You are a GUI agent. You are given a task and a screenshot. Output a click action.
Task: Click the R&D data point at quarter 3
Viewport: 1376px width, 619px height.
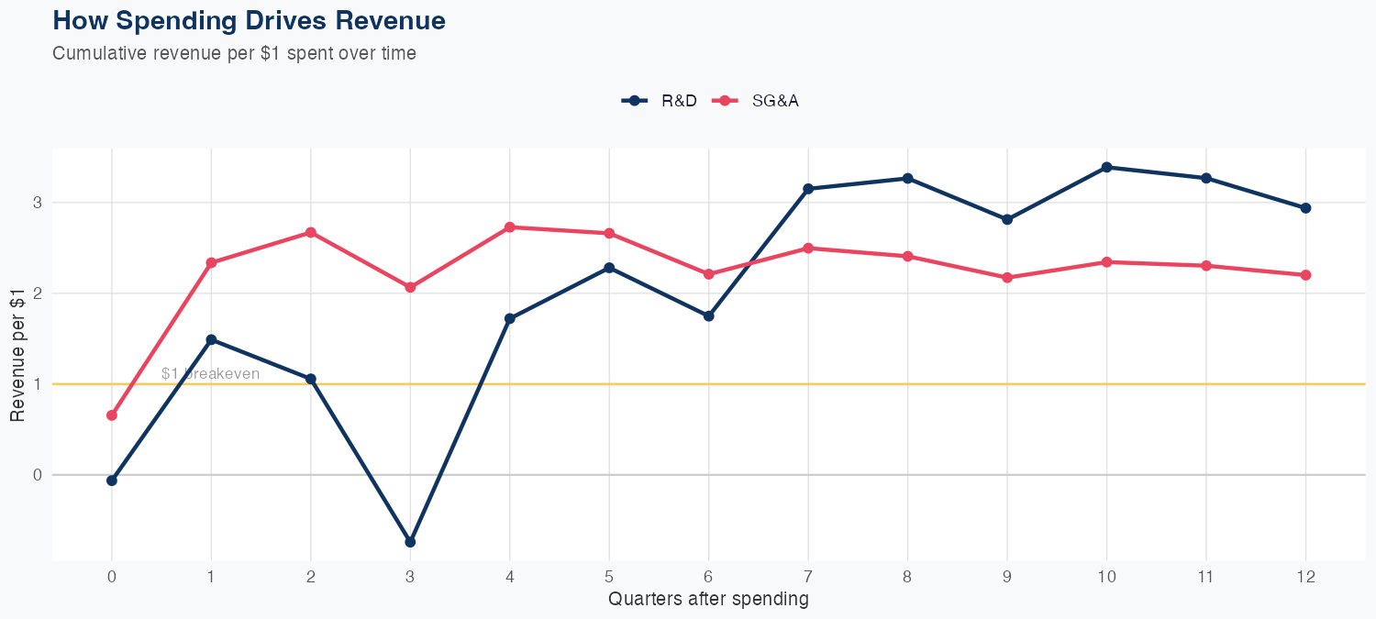tap(410, 542)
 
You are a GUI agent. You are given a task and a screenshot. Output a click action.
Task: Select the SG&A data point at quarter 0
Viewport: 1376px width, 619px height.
tap(112, 415)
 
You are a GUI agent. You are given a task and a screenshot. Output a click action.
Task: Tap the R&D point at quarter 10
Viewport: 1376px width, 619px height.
tap(1106, 167)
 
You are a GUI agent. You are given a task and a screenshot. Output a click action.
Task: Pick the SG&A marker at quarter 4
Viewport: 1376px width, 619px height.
tap(509, 227)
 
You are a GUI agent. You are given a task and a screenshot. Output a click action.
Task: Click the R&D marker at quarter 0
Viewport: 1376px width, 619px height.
tap(112, 481)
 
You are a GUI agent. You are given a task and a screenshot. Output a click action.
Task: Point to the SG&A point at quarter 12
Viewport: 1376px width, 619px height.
tap(1305, 275)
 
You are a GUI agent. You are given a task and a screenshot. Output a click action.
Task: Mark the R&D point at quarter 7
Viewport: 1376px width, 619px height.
tap(808, 189)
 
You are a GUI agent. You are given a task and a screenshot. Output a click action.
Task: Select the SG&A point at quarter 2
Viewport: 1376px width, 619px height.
tap(311, 232)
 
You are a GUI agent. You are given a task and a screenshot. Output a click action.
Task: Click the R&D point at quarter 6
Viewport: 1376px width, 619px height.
tap(708, 315)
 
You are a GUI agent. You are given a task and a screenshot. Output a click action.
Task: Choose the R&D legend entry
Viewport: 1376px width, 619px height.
tap(660, 101)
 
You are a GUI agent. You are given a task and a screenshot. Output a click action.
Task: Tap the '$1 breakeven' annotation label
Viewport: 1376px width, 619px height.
tap(210, 374)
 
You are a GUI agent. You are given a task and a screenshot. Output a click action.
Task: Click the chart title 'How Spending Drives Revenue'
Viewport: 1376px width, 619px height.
tap(250, 20)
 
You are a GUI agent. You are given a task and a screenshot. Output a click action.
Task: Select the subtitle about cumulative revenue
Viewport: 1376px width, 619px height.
tap(234, 53)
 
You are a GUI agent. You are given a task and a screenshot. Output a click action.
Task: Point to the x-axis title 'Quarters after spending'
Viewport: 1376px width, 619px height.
tap(708, 600)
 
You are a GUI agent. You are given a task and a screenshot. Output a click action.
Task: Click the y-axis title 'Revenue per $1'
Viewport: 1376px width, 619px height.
tap(18, 354)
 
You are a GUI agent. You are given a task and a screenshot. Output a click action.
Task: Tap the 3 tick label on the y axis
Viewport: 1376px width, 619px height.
tap(39, 203)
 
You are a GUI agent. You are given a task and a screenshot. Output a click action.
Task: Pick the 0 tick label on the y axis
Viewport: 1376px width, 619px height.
tap(39, 475)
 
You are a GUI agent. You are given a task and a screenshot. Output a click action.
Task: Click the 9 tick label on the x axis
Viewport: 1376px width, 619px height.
tap(1007, 578)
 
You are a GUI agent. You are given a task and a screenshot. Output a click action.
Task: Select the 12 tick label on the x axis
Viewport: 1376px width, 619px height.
tap(1305, 578)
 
